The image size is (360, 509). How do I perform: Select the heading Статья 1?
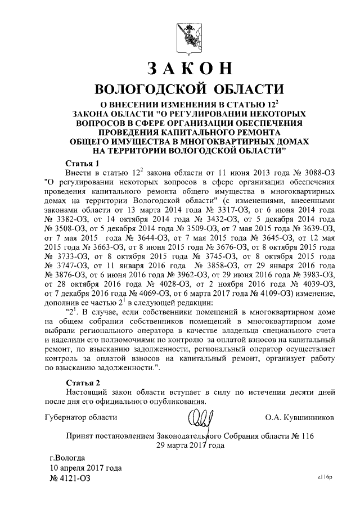pos(82,162)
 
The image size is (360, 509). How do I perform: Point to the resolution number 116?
pos(306,436)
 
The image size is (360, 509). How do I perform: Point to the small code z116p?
pos(325,477)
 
